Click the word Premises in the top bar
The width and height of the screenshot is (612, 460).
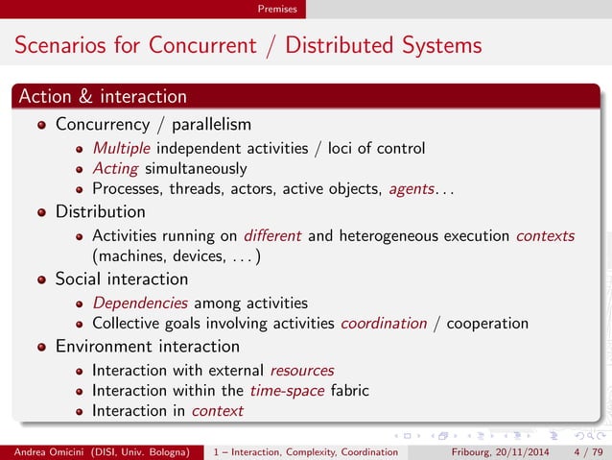pos(277,9)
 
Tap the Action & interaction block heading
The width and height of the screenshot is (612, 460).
pos(103,96)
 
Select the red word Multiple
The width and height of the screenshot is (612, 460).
pos(122,148)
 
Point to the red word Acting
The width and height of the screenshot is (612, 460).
pos(115,168)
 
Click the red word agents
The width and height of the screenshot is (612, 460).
pos(412,189)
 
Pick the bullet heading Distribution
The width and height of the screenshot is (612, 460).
pos(101,211)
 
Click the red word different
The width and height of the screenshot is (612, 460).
pos(274,235)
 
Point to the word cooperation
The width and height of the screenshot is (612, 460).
pos(489,324)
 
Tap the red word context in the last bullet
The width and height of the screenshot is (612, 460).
pos(217,411)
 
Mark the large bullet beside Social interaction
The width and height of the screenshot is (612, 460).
pos(41,279)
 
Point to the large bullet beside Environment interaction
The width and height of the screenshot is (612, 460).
pos(41,347)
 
